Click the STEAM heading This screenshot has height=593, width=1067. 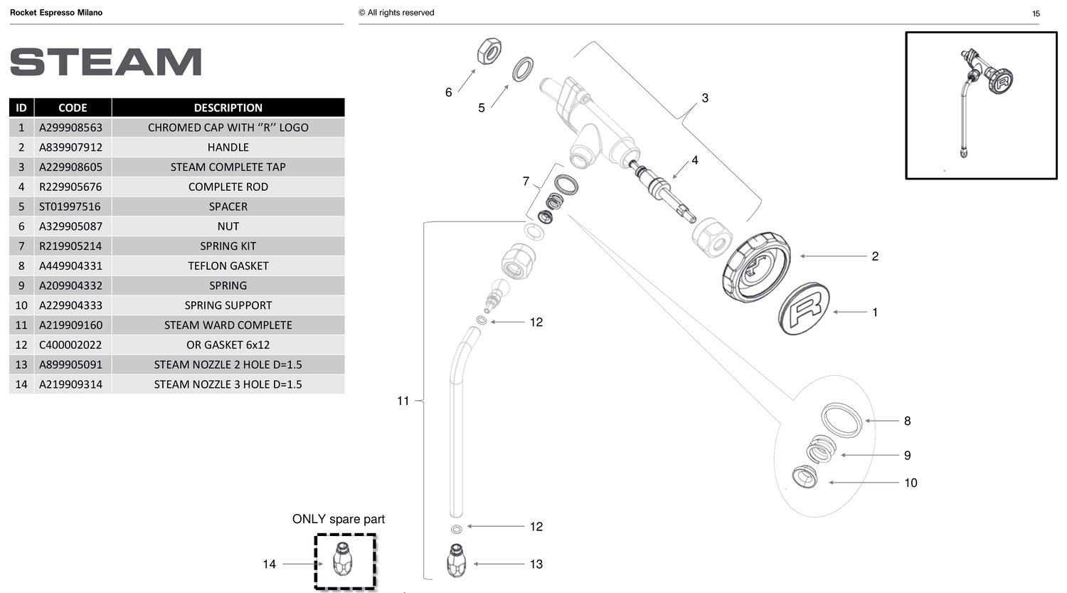[x=106, y=62]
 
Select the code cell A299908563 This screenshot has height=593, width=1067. [x=70, y=127]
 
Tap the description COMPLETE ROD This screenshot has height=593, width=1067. [x=228, y=187]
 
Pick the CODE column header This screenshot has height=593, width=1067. [x=73, y=107]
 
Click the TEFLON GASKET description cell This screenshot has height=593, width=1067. [x=228, y=266]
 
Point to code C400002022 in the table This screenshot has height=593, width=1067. [x=70, y=345]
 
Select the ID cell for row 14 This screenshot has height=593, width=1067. [x=21, y=384]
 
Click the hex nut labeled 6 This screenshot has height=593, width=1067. [x=489, y=51]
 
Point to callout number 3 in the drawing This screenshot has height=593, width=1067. [x=705, y=98]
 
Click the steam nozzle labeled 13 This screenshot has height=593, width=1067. [x=456, y=560]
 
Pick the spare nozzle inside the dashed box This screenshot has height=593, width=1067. [x=342, y=559]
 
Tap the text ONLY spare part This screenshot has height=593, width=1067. [x=338, y=519]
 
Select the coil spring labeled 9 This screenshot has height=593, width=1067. [x=820, y=449]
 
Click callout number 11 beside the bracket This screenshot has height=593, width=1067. [x=403, y=401]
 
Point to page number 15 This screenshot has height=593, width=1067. [x=1036, y=14]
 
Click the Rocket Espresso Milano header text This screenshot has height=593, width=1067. [x=56, y=13]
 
